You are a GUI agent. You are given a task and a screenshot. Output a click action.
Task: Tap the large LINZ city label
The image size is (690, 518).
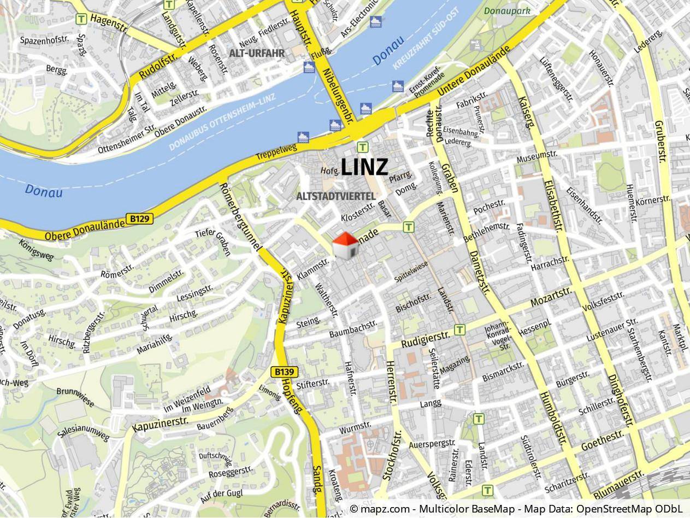364,167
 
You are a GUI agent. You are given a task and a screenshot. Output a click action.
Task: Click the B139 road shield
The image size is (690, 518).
285,372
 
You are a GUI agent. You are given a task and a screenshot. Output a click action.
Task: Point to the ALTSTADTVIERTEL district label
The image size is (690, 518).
335,196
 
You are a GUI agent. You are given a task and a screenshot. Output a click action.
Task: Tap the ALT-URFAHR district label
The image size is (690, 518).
257,54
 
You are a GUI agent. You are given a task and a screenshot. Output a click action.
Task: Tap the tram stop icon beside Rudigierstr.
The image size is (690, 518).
460,329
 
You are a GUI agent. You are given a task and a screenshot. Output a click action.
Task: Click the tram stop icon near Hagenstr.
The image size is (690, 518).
82,19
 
